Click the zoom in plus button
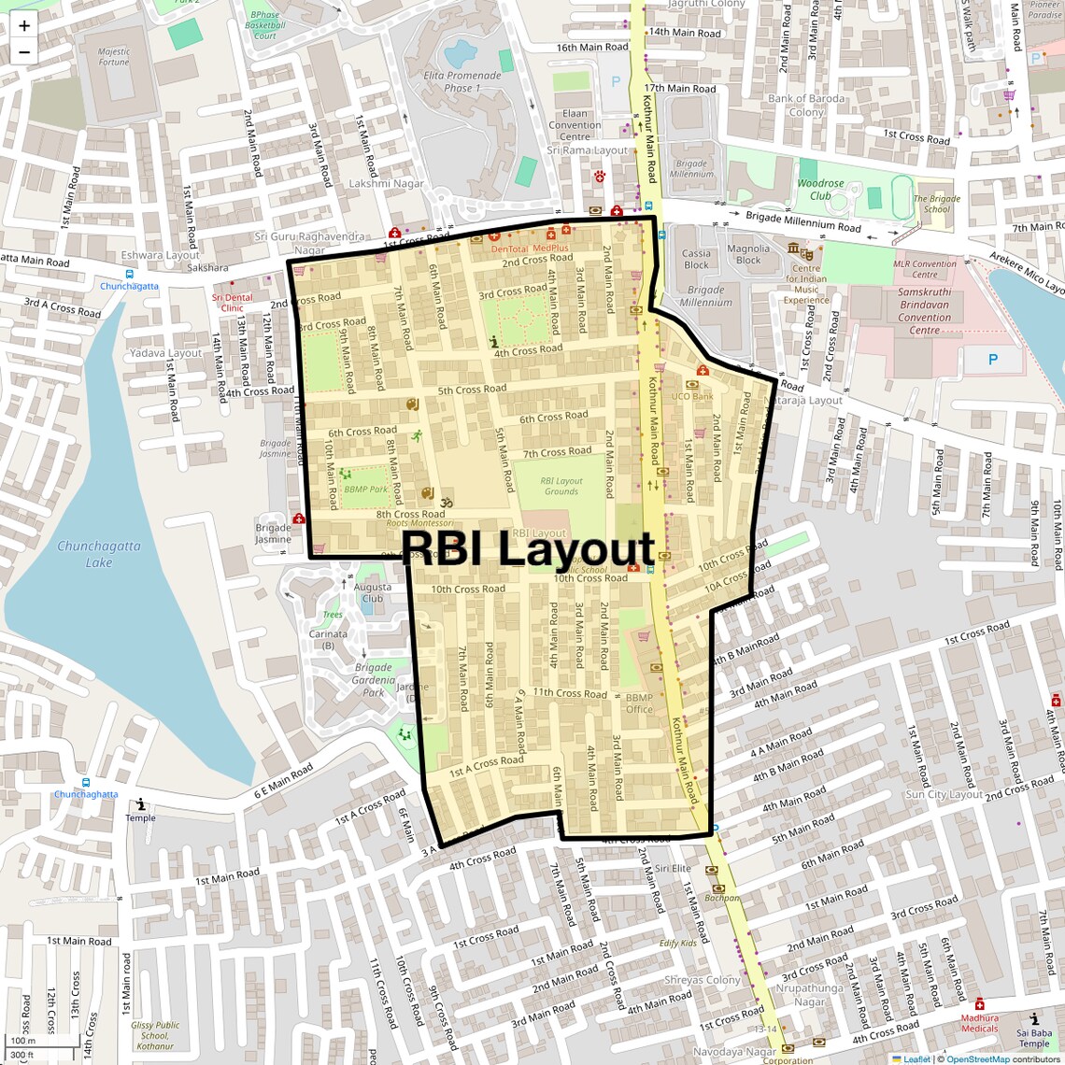tap(24, 26)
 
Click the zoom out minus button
tap(24, 52)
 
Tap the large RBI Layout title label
tap(529, 548)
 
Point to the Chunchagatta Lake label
tap(99, 554)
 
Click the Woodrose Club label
tap(820, 190)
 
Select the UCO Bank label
tap(692, 396)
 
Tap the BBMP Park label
tap(365, 489)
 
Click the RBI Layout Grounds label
tap(561, 486)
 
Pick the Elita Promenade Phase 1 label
tap(462, 81)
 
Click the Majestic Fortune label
tap(114, 57)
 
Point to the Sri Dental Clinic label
tap(232, 303)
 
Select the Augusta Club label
tap(373, 593)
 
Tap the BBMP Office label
tap(640, 703)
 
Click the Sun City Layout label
tap(944, 794)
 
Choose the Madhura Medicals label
tap(979, 1023)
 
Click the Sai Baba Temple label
tap(1034, 1038)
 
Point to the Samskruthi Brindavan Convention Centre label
tap(924, 311)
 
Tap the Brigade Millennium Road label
tap(802, 221)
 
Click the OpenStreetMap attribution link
tap(977, 1058)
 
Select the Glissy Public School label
tap(155, 1035)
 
